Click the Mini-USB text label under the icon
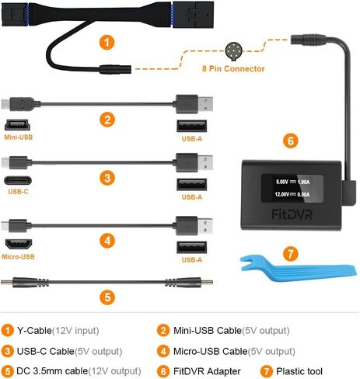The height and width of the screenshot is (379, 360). (19, 138)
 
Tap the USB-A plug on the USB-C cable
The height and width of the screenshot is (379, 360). (190, 162)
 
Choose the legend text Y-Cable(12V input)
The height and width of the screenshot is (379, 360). (58, 331)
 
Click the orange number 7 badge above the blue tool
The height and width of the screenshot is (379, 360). (290, 253)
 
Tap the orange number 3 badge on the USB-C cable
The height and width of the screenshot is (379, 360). (107, 176)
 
